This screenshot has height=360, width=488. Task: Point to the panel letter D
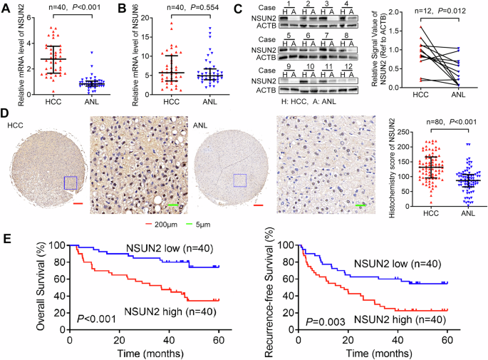(6, 113)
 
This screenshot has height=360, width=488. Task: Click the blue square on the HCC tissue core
(71, 182)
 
